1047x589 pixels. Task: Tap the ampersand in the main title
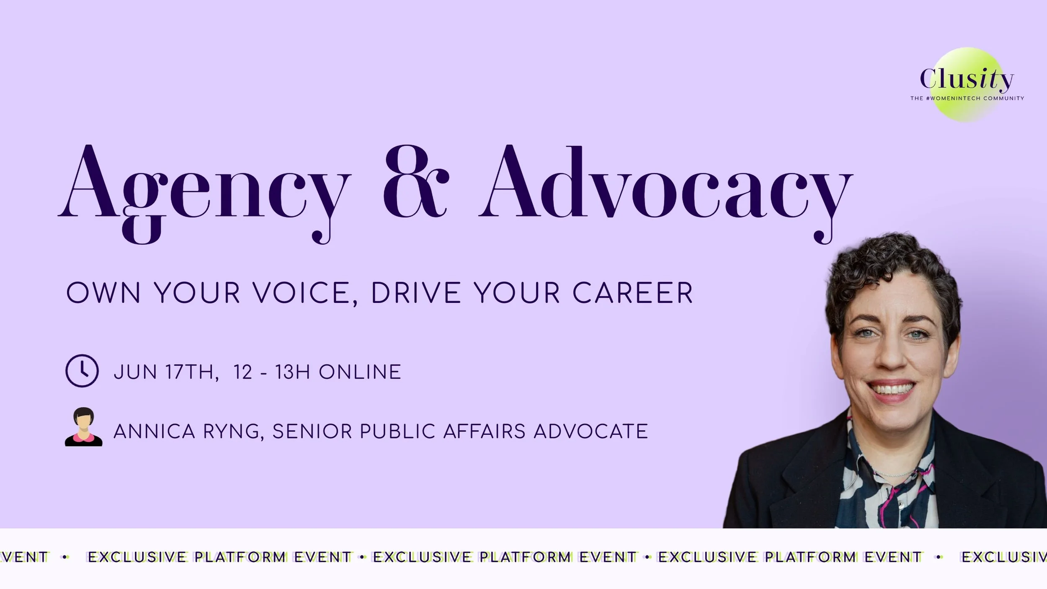point(415,182)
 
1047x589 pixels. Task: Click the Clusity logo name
point(967,79)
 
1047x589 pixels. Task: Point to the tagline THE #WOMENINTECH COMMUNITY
point(967,98)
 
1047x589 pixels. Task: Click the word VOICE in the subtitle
point(302,293)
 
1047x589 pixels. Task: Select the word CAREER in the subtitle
point(632,293)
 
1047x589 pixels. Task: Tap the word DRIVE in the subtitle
point(416,293)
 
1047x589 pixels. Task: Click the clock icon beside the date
point(82,371)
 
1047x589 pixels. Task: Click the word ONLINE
point(360,372)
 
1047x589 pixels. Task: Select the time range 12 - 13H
point(271,372)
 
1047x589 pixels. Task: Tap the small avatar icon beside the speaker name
point(83,427)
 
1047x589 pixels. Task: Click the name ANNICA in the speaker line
point(154,431)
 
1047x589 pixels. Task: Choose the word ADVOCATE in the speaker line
point(591,431)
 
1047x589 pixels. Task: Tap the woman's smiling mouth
point(891,390)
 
